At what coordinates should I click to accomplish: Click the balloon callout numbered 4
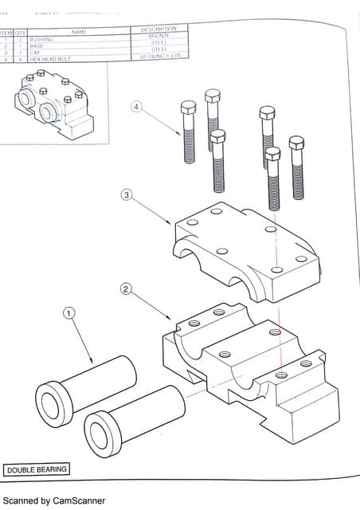[137, 108]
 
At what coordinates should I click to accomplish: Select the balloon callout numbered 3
[126, 194]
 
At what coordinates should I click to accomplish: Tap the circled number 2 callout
[124, 288]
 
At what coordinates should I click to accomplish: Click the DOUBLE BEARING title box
[37, 469]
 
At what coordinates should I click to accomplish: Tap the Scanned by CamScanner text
[54, 500]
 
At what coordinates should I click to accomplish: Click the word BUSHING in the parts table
[42, 39]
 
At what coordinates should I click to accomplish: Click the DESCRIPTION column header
[159, 29]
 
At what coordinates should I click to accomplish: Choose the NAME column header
[78, 32]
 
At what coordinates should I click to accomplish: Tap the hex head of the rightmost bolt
[296, 143]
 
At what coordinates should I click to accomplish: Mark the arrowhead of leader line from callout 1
[94, 363]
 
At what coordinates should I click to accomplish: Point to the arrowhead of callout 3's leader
[171, 224]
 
